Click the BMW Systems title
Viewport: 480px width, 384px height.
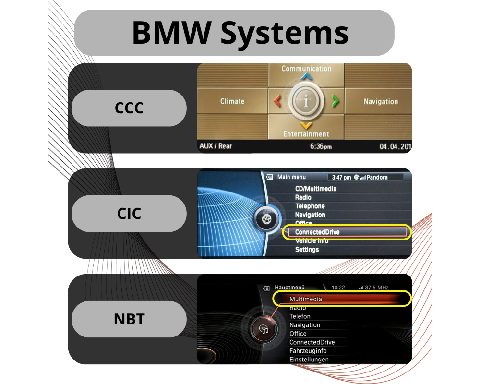pyautogui.click(x=240, y=32)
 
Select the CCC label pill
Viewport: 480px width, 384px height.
pyautogui.click(x=129, y=108)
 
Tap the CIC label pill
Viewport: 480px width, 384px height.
pyautogui.click(x=129, y=213)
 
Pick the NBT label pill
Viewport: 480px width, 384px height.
pyautogui.click(x=129, y=319)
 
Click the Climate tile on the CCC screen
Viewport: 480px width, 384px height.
pyautogui.click(x=232, y=101)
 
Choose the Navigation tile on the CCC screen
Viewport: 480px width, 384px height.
pyautogui.click(x=380, y=101)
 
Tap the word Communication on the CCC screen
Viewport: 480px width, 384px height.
pyautogui.click(x=306, y=69)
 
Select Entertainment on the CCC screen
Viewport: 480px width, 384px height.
pyautogui.click(x=306, y=134)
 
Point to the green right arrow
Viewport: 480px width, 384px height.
pyautogui.click(x=336, y=101)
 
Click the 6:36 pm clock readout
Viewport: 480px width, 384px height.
pyautogui.click(x=321, y=146)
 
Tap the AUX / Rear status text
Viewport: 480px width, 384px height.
pyautogui.click(x=216, y=145)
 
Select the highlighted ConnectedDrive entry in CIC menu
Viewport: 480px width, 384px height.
pyautogui.click(x=317, y=232)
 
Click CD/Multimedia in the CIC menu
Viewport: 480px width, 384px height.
pyautogui.click(x=315, y=189)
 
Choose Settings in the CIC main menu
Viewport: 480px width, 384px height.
pyautogui.click(x=307, y=250)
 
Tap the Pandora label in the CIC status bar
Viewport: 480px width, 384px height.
pyautogui.click(x=376, y=177)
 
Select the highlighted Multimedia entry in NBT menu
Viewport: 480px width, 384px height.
pyautogui.click(x=305, y=299)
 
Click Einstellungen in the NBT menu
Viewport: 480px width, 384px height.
pyautogui.click(x=309, y=360)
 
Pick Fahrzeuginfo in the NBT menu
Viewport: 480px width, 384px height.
pyautogui.click(x=308, y=351)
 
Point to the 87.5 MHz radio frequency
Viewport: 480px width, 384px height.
pyautogui.click(x=377, y=288)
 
